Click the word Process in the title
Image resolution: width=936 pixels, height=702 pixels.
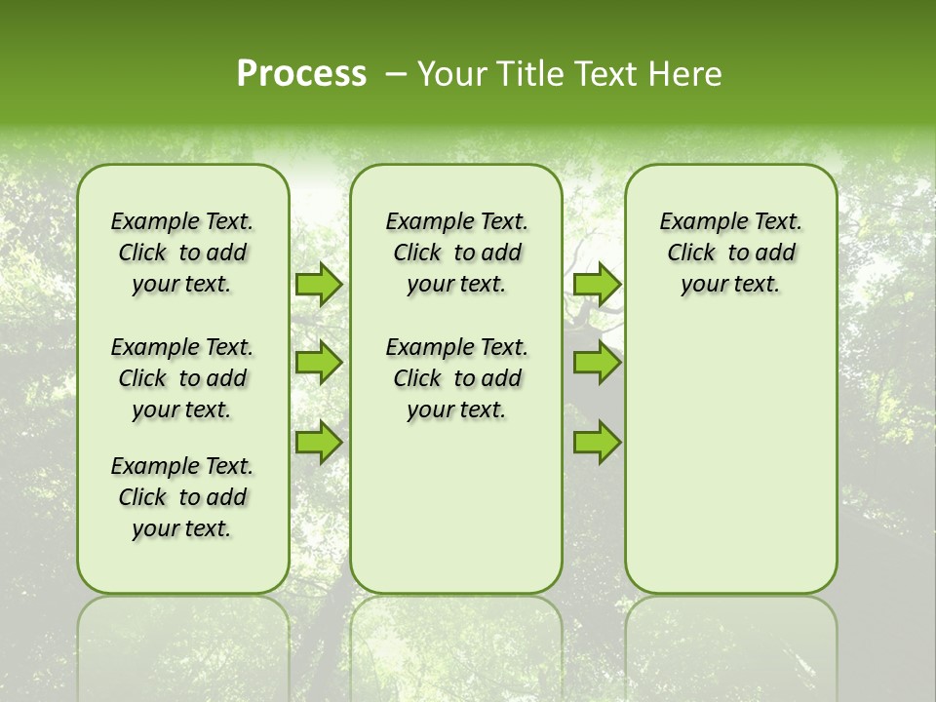click(x=301, y=74)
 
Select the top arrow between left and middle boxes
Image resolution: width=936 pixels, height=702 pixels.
click(x=319, y=284)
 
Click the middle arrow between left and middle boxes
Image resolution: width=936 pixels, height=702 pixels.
click(x=319, y=363)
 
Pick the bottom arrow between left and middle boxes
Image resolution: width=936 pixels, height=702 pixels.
click(x=319, y=442)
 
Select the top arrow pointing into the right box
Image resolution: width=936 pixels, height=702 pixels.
click(x=597, y=284)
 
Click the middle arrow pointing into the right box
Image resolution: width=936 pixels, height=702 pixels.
click(x=597, y=363)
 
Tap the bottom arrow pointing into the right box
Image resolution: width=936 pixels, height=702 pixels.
click(x=597, y=442)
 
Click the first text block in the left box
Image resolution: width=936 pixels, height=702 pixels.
click(x=182, y=253)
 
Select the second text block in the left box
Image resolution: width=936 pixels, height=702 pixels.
click(x=182, y=378)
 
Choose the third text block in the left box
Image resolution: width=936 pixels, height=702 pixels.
click(x=182, y=497)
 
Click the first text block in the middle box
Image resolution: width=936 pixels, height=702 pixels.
click(x=456, y=253)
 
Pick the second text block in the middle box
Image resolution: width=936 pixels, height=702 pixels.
click(x=456, y=378)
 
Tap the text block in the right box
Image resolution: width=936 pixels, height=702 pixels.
click(x=730, y=253)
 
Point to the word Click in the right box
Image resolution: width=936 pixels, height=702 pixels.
click(x=691, y=253)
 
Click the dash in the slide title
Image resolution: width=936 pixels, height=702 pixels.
click(x=397, y=74)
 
